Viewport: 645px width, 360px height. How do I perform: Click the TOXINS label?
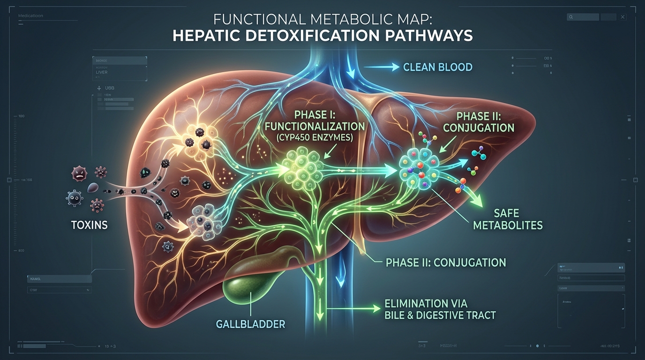click(89, 225)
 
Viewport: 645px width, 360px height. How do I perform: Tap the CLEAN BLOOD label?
click(437, 67)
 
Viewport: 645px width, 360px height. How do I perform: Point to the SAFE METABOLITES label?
click(508, 219)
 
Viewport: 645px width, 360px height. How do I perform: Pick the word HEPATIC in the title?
click(209, 36)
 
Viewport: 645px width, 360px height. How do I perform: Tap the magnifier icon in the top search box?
click(571, 17)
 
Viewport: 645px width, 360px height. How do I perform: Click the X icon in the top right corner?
click(622, 17)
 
